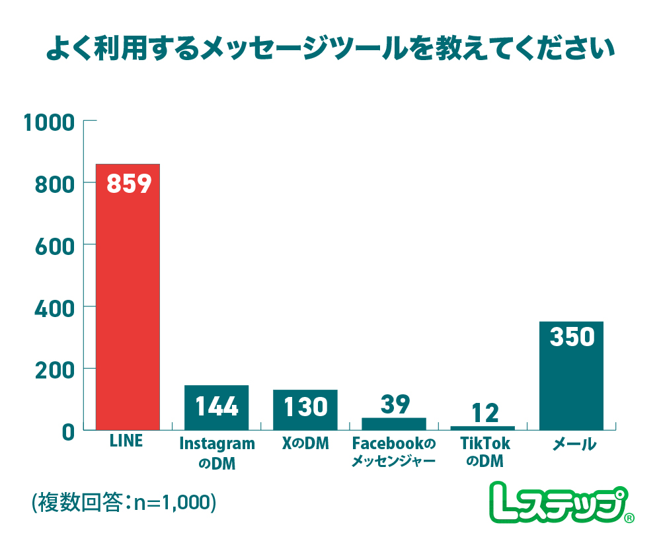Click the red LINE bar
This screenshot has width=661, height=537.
(128, 297)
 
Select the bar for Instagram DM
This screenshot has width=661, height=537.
(216, 408)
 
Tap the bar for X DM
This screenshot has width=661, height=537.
(305, 410)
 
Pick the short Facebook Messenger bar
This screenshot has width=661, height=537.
(394, 424)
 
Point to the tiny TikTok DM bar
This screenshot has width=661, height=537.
(483, 428)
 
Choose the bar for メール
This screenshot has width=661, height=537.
(571, 376)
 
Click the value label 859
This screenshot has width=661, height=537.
(129, 184)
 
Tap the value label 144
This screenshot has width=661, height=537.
(217, 406)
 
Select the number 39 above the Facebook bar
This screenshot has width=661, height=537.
(395, 404)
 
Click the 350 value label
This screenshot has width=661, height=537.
(572, 337)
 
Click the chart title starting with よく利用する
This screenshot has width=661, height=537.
(330, 50)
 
